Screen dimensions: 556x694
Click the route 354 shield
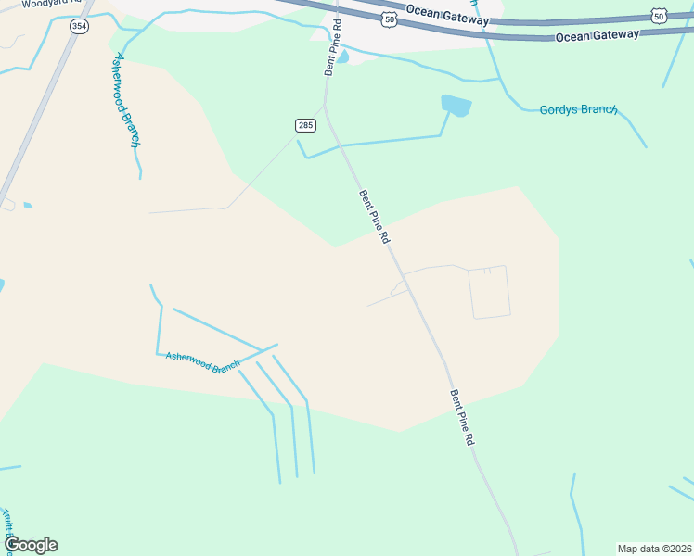[79, 26]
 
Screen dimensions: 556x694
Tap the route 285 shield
[305, 125]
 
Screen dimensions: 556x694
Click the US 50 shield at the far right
[658, 16]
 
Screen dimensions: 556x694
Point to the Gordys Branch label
[578, 109]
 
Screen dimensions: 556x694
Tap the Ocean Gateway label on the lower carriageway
[598, 35]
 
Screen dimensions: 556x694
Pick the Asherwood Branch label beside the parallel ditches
[202, 362]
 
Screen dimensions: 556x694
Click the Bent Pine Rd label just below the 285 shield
[375, 217]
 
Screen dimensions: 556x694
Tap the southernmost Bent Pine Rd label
[462, 417]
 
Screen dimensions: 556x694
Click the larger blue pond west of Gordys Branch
[456, 105]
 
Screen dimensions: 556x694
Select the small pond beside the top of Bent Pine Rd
[342, 57]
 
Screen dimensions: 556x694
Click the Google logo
[31, 545]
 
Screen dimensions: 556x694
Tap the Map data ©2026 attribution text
[655, 549]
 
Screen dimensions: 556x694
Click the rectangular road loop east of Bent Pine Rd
[489, 293]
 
